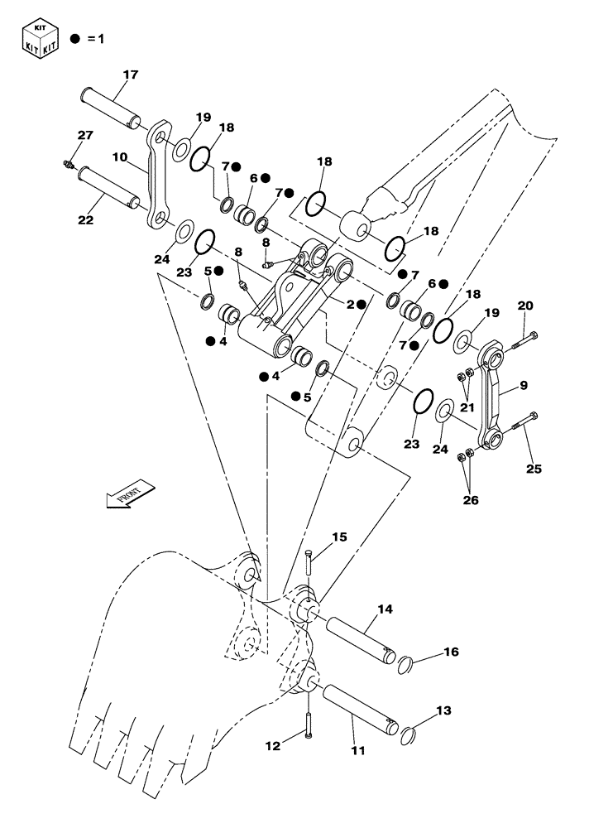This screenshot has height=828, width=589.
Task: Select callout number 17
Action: click(131, 75)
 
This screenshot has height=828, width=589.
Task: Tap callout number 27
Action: click(86, 135)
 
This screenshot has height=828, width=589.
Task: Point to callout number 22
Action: click(87, 220)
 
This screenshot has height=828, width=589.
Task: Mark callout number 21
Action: click(468, 407)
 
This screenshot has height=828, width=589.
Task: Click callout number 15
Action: click(339, 537)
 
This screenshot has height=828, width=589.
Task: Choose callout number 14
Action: click(385, 609)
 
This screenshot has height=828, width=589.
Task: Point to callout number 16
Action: click(450, 652)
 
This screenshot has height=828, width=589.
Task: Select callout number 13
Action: click(444, 710)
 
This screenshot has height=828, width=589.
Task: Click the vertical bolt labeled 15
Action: click(308, 563)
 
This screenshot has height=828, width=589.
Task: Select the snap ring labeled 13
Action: click(410, 734)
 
